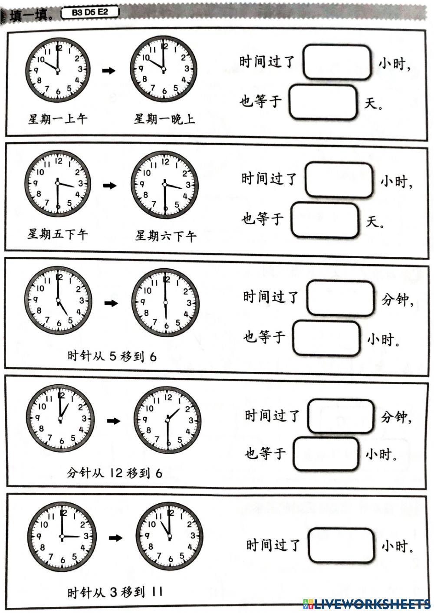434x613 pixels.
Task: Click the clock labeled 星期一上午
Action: (57, 70)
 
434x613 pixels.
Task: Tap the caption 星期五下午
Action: (58, 235)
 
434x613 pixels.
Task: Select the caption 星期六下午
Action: (165, 236)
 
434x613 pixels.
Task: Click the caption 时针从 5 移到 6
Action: (112, 357)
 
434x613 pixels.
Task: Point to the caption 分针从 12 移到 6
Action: (115, 473)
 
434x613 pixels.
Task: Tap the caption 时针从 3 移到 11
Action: (115, 592)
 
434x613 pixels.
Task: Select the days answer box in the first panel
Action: (323, 102)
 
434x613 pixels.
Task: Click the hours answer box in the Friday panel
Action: (339, 180)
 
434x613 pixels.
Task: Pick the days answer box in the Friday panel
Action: (325, 220)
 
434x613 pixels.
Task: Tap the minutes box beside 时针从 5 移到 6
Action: (340, 298)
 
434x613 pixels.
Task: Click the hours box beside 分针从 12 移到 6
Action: (326, 454)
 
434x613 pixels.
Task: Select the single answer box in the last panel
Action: (341, 545)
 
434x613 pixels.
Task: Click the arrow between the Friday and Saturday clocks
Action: (110, 186)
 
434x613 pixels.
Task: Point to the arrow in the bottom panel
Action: (115, 538)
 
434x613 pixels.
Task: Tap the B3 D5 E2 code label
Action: (90, 13)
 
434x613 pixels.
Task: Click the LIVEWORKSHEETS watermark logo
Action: (367, 603)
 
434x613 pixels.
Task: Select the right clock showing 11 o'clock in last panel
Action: (169, 537)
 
